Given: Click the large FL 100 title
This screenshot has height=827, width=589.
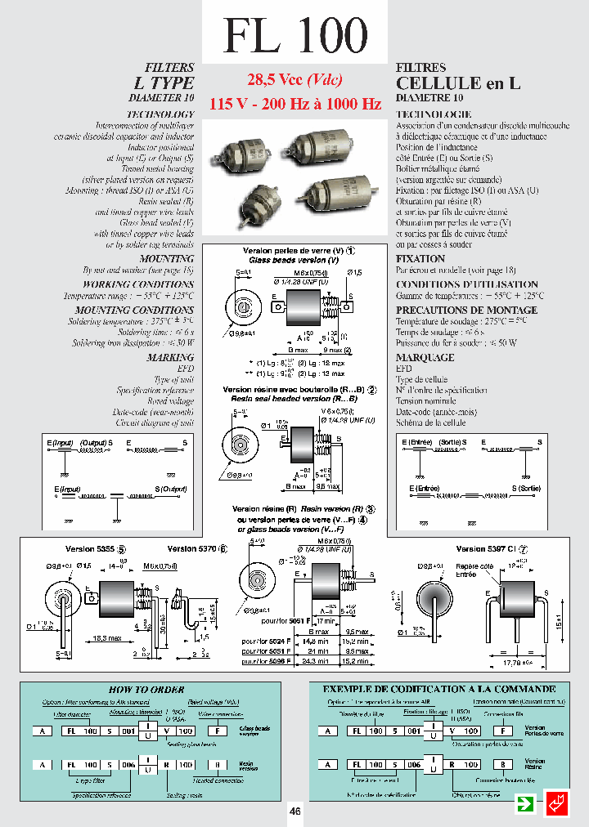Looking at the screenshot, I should click(x=294, y=35).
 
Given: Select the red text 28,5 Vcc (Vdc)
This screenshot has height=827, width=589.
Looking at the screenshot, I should click(x=294, y=80).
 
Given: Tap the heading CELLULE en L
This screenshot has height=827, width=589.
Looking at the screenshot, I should click(x=450, y=83).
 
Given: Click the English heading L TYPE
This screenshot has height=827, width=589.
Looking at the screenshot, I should click(x=164, y=83).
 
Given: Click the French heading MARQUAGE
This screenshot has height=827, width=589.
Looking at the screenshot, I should click(x=425, y=357).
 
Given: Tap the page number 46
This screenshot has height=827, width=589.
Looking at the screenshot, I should click(x=294, y=811).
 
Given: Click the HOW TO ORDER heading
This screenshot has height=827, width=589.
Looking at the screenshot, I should click(x=146, y=689).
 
